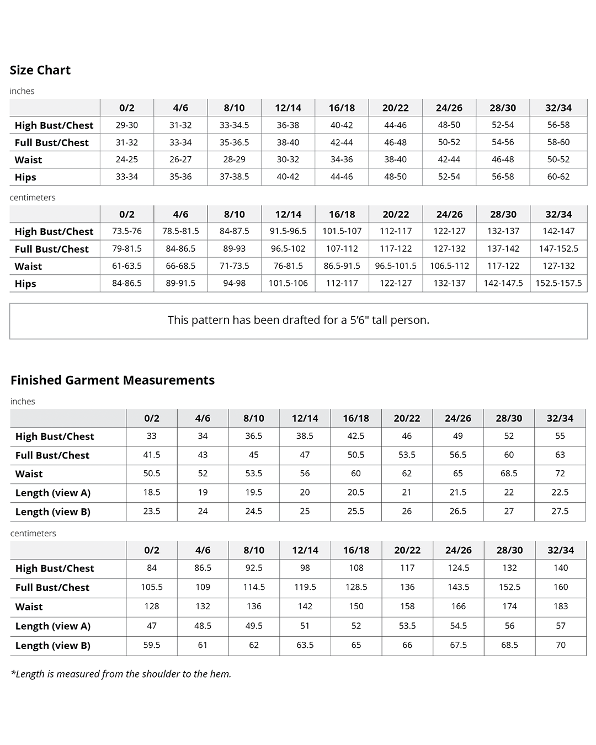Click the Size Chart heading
coord(40,70)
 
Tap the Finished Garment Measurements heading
coord(113,380)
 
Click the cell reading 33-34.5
coord(234,125)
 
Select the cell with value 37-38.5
coord(234,177)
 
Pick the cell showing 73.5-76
coord(127,231)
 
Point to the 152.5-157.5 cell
coord(558,283)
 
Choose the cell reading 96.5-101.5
coord(396,266)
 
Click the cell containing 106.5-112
coord(449,266)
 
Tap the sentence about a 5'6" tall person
coord(298,320)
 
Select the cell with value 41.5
coord(152,455)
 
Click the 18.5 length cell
coord(152,492)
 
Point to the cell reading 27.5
coord(560,512)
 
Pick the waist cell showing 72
coord(560,473)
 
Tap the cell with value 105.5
coord(152,587)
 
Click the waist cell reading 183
coord(561,606)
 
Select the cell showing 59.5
coord(152,645)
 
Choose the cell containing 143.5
coord(459,587)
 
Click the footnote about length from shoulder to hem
coord(121,674)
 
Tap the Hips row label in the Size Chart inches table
coord(25,177)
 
